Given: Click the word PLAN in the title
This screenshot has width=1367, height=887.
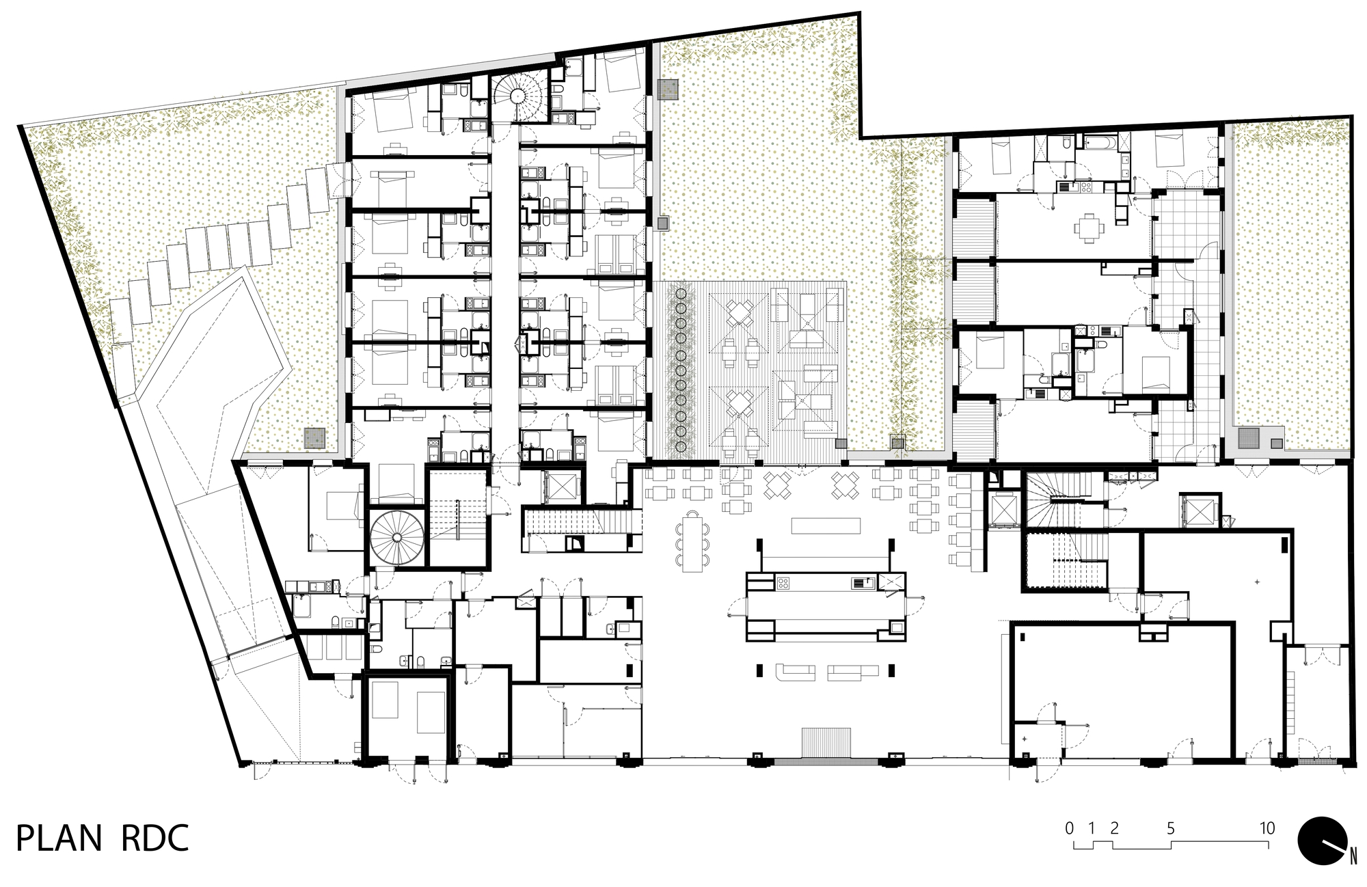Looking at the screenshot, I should [58, 838].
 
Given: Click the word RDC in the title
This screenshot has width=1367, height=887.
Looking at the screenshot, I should [155, 838].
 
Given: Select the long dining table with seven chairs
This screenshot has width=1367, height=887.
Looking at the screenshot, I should [693, 540].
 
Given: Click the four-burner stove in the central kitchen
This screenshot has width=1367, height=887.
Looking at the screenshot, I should [783, 583].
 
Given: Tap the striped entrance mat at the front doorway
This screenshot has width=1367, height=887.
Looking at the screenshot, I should [826, 743].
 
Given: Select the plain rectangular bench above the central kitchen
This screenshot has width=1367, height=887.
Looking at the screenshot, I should [826, 526].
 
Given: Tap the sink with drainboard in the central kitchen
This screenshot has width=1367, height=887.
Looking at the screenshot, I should [863, 583].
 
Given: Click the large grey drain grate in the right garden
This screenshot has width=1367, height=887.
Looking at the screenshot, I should [1248, 437].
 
